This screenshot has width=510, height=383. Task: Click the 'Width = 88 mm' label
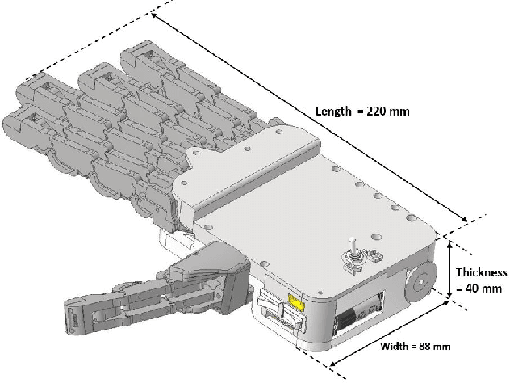(415, 347)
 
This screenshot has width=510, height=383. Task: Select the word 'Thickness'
(482, 272)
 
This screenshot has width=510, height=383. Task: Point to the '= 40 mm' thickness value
(482, 289)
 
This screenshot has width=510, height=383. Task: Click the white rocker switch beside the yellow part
(272, 309)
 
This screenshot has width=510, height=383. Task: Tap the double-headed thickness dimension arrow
(449, 268)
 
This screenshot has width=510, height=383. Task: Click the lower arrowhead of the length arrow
(463, 216)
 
